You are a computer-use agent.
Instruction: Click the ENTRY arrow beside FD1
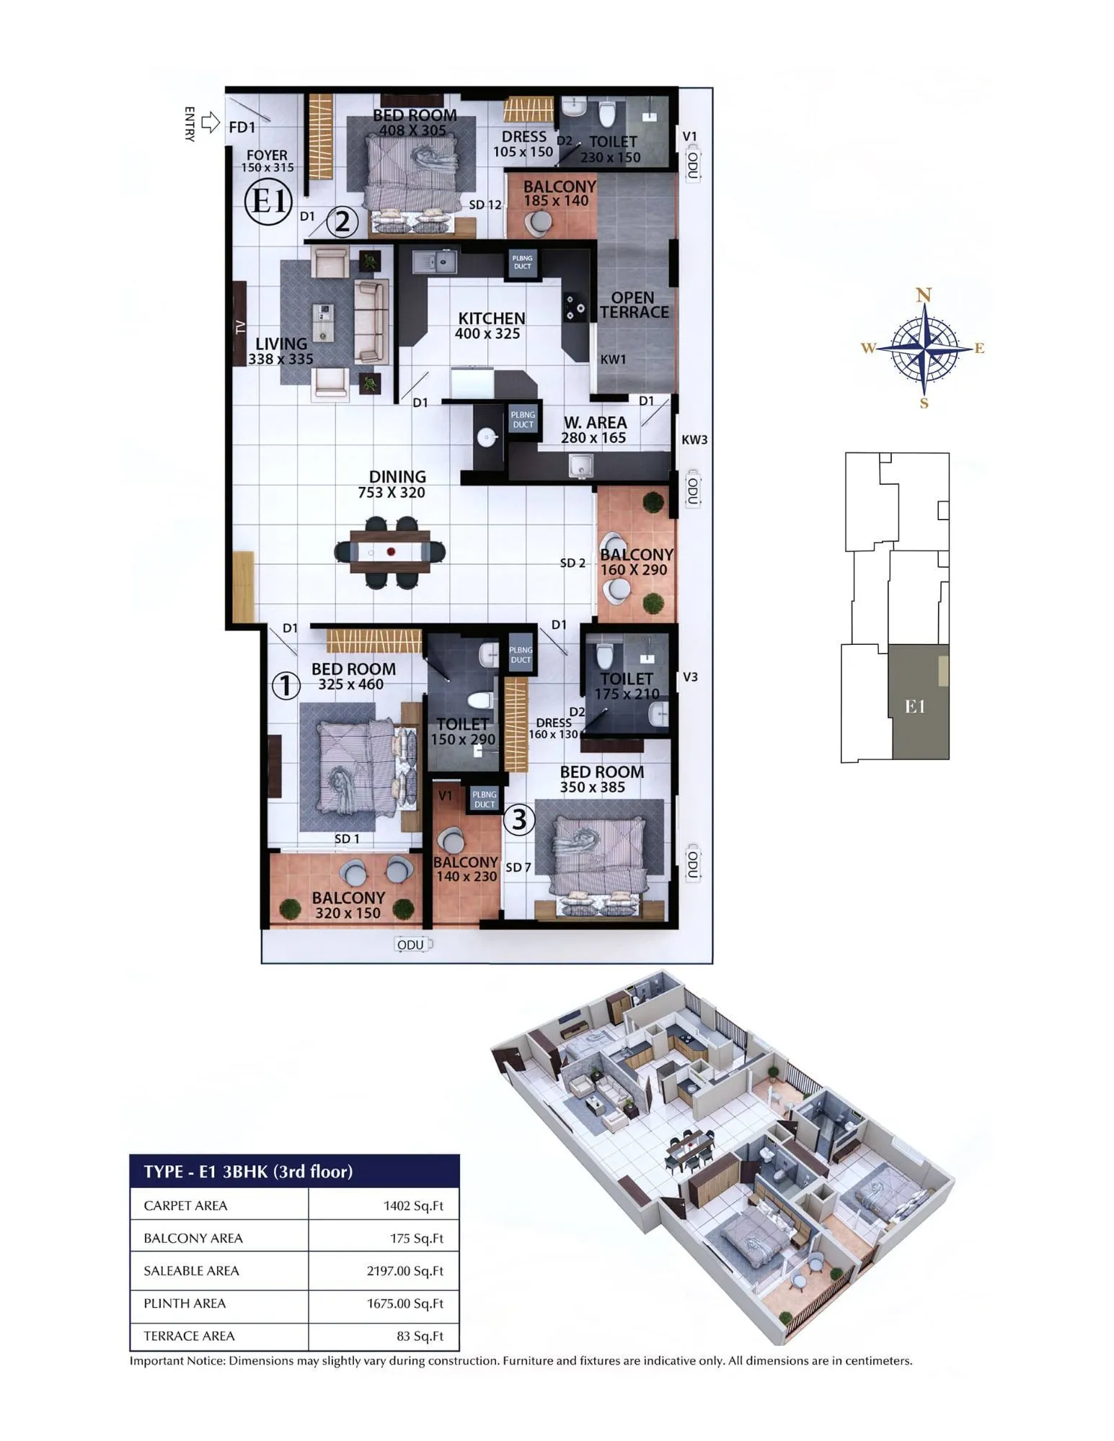[x=210, y=122]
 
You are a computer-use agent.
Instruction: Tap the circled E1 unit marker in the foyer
[x=268, y=201]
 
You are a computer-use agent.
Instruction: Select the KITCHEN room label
[x=491, y=318]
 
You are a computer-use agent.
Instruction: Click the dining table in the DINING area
[x=390, y=552]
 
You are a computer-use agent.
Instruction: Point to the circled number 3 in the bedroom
[x=518, y=819]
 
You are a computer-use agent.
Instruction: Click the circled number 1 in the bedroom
[x=286, y=685]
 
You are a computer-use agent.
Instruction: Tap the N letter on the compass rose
[x=924, y=295]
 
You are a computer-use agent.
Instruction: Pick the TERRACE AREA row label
[x=189, y=1336]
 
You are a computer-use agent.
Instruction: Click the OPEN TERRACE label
[x=634, y=305]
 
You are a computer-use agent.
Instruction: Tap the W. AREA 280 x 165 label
[x=594, y=429]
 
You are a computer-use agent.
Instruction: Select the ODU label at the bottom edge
[x=411, y=945]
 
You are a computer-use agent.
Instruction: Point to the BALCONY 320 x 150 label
[x=348, y=905]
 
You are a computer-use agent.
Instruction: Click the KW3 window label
[x=694, y=440]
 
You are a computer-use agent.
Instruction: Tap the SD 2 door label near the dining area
[x=573, y=563]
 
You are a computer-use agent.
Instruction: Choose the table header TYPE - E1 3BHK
[x=248, y=1172]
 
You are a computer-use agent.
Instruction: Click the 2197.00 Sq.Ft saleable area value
[x=405, y=1271]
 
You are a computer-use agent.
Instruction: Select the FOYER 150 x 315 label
[x=267, y=160]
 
